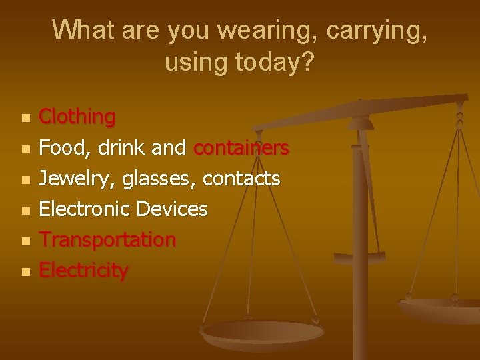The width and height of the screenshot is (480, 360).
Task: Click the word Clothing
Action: pos(77,117)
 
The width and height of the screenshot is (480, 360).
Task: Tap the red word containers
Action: pos(241,147)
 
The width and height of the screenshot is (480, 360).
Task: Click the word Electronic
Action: pos(85,209)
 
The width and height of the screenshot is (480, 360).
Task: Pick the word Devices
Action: pos(172,209)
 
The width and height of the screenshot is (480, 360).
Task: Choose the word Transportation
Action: pos(107,239)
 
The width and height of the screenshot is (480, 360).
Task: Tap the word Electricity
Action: pos(83,270)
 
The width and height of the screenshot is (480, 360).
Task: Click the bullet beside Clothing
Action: pos(25,118)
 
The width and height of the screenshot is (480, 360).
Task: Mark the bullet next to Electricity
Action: pos(25,271)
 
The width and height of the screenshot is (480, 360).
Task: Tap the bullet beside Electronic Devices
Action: pos(25,210)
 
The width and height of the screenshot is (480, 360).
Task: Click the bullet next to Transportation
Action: pos(25,241)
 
